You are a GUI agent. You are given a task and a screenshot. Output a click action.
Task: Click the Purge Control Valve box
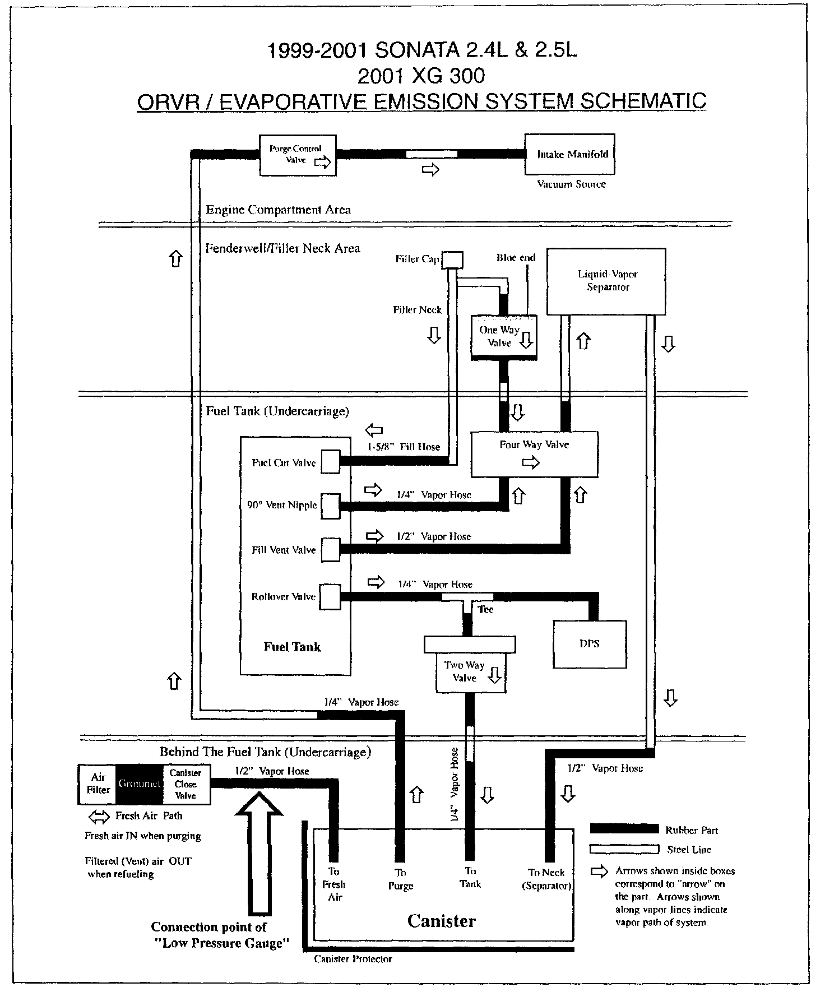tap(297, 155)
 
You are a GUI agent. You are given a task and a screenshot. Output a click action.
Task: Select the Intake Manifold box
tap(569, 154)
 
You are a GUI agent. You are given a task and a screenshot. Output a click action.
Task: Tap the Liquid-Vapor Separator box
tap(606, 281)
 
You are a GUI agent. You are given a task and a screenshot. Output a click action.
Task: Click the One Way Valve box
tap(503, 336)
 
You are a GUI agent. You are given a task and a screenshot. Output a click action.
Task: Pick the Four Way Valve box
tap(534, 454)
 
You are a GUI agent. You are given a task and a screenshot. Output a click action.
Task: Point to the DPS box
tap(590, 644)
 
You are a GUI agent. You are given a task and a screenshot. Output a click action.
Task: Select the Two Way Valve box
tap(470, 671)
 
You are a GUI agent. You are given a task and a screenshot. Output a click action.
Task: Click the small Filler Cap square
tap(453, 259)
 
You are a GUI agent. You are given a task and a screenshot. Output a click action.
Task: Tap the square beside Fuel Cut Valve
tap(331, 462)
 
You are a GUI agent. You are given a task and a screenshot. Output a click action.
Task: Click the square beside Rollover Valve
tap(331, 596)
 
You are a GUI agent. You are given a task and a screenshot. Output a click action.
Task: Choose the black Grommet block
tap(140, 784)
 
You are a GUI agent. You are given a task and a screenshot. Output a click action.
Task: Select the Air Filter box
tap(98, 784)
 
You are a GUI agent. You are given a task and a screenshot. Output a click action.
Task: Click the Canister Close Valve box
tap(186, 784)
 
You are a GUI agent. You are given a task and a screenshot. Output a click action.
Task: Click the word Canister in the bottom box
tap(442, 921)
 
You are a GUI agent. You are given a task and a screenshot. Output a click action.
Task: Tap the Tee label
tap(485, 609)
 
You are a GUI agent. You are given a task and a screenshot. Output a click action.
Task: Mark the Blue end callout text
tap(516, 258)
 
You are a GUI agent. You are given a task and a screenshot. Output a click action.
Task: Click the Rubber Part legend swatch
tap(624, 828)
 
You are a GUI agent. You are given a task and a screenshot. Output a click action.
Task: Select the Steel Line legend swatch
tap(624, 849)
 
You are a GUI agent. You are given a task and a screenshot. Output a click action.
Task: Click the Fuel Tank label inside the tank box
tap(292, 647)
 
